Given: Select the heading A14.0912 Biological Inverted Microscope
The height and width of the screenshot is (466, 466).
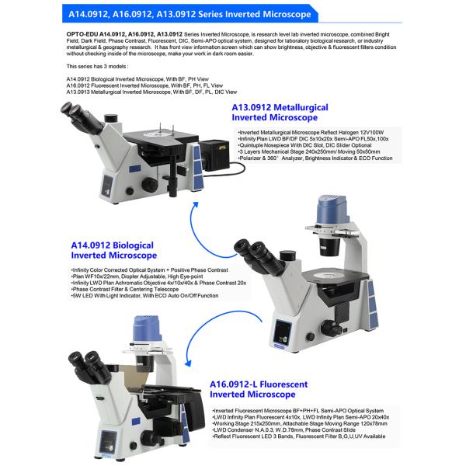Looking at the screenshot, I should [114, 249].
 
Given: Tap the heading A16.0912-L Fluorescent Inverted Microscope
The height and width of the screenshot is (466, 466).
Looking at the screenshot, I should [259, 389].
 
